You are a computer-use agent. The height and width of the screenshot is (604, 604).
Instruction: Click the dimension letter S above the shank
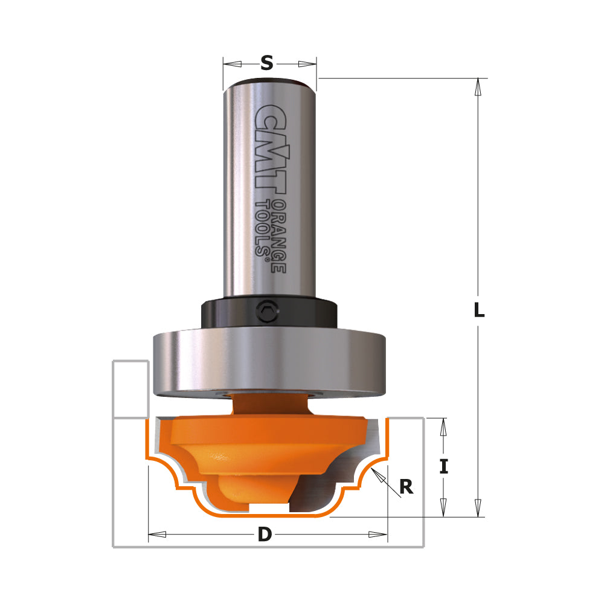click(x=267, y=63)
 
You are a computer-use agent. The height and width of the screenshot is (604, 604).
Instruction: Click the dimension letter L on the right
click(x=479, y=310)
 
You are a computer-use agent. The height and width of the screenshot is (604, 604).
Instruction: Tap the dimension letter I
click(x=444, y=466)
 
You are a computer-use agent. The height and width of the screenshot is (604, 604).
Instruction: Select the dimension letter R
click(x=406, y=487)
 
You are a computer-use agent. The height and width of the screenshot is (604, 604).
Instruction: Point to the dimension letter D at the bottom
click(x=265, y=535)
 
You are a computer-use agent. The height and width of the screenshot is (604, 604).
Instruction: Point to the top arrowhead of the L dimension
click(x=478, y=87)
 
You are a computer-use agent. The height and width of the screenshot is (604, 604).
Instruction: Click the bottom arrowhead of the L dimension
click(x=478, y=508)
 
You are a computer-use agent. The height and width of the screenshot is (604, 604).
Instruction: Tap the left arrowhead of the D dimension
click(x=158, y=535)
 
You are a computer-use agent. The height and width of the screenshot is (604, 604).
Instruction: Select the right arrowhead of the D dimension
click(x=378, y=535)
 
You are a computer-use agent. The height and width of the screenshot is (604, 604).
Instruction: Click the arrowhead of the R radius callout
click(x=378, y=475)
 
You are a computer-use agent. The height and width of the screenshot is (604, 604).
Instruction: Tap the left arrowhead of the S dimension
click(x=232, y=64)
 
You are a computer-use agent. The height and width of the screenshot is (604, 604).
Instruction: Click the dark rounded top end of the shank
click(x=269, y=84)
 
